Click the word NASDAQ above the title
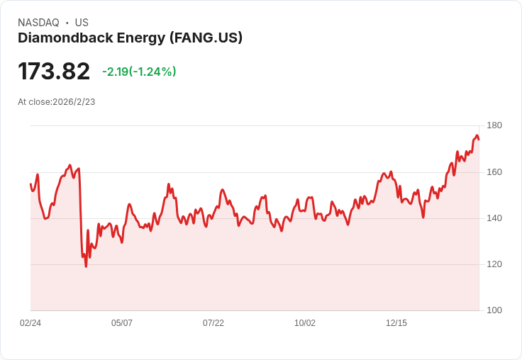[38, 23]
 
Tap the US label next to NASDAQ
[82, 23]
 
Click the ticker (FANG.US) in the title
[206, 38]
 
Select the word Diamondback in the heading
[65, 38]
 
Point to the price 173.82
[54, 71]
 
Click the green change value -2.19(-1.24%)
[139, 72]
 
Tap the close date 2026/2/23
[74, 102]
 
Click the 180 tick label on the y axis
[494, 125]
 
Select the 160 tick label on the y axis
[494, 172]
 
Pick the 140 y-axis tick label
[494, 218]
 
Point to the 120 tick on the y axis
[494, 264]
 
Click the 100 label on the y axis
[494, 310]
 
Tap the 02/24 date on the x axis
[30, 323]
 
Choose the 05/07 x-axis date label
[122, 323]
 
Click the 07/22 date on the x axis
[213, 323]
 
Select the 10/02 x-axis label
[305, 323]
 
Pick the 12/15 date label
[396, 323]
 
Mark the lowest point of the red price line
[86, 266]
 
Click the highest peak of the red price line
[477, 135]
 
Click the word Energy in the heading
[141, 38]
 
